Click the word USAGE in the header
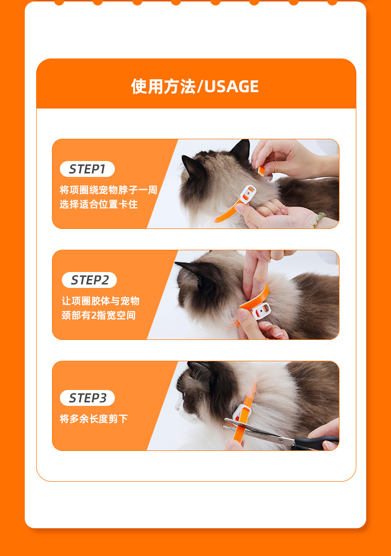232,87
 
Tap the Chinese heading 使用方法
163,87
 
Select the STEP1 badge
87,169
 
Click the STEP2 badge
89,280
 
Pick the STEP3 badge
87,398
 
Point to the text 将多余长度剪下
94,419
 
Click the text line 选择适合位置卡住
98,204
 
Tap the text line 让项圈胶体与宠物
100,301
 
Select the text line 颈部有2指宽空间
98,315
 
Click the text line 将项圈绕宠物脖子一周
108,190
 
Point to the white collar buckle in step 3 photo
242,413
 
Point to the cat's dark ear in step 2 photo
188,270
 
